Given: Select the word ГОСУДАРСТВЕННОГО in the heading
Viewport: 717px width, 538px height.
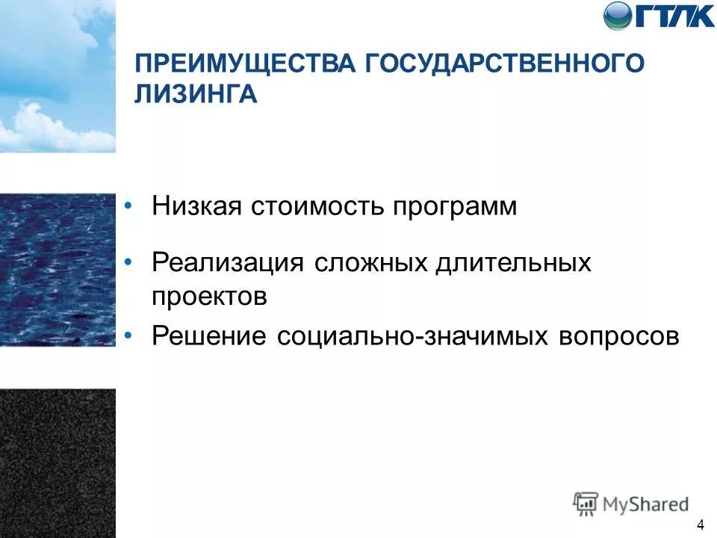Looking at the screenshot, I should [504, 64].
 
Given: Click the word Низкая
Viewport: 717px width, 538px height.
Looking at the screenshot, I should [197, 206].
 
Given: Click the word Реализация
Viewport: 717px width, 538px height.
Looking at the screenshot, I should [227, 263].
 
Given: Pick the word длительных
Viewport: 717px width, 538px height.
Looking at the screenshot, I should [508, 263].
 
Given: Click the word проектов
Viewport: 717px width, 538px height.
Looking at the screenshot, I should [209, 297].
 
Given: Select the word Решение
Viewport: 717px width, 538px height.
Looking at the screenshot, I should [209, 336].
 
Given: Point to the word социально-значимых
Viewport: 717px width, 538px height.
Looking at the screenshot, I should [412, 336].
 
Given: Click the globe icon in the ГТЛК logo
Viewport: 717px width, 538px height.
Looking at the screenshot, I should [618, 16].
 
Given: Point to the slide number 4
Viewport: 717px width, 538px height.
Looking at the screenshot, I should [700, 522].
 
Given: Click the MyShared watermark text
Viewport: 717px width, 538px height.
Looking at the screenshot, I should [646, 504].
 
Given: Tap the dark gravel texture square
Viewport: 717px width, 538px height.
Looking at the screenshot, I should [58, 463].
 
